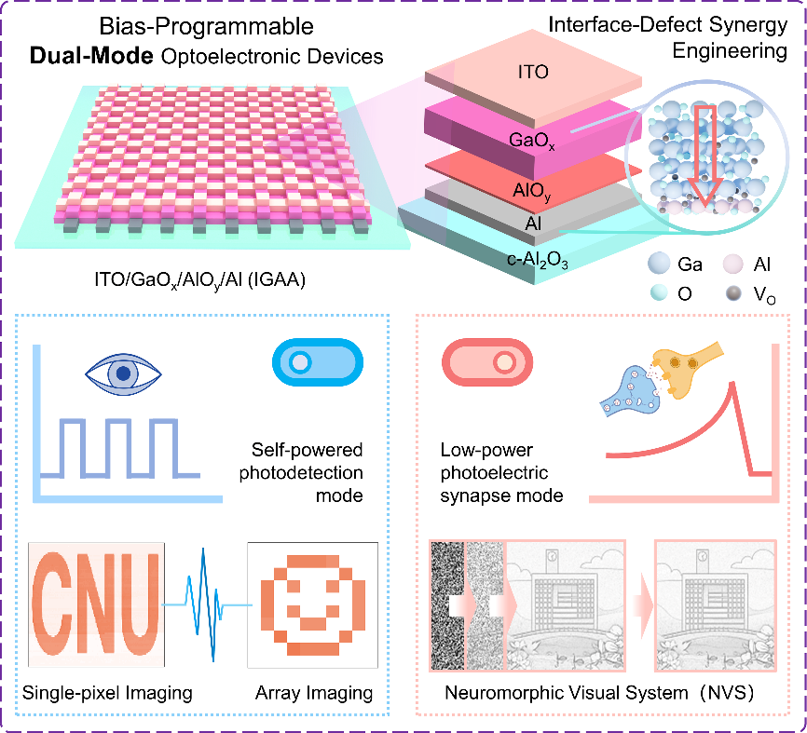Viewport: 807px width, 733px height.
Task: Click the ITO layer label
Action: [x=533, y=72]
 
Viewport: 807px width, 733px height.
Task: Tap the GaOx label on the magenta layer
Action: [x=532, y=141]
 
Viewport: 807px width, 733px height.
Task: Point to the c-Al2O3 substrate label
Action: [x=538, y=260]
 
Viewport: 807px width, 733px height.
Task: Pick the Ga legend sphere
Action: [x=659, y=264]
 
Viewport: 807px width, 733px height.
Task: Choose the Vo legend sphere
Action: [x=733, y=293]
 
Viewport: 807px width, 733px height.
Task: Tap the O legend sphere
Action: [x=659, y=293]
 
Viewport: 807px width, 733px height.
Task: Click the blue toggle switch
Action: [x=318, y=362]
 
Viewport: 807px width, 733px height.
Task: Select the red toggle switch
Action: [x=487, y=362]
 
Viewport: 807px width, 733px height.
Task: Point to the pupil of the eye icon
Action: [x=123, y=373]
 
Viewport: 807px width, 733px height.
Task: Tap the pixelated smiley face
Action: [x=313, y=604]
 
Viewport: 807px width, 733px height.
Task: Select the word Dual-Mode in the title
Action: [x=91, y=56]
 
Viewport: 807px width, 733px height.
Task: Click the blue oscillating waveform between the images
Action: [x=206, y=604]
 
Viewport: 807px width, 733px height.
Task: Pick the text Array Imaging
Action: [x=314, y=693]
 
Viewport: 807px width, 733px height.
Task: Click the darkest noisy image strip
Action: [x=447, y=605]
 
